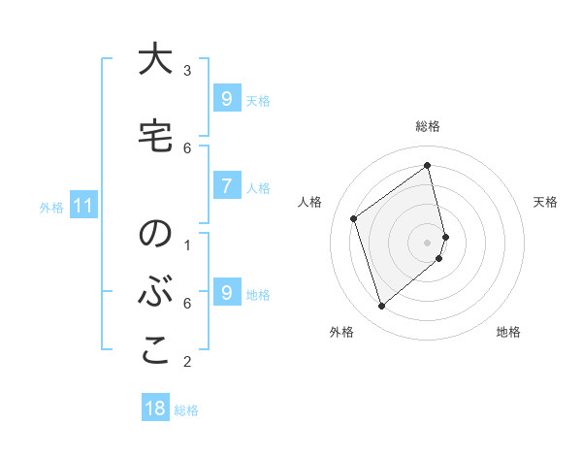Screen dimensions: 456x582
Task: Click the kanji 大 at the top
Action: [x=154, y=60]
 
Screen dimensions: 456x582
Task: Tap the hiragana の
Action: [x=154, y=235]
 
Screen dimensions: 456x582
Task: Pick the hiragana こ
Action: [x=154, y=351]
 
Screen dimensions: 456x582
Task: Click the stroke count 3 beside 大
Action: [x=187, y=70]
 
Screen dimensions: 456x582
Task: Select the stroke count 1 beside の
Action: [x=187, y=244]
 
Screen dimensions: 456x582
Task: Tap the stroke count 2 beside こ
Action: [x=187, y=362]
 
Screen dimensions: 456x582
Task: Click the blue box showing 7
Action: [x=226, y=185]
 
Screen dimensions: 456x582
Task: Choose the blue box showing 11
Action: [x=83, y=206]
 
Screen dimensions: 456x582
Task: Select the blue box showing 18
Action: [x=155, y=408]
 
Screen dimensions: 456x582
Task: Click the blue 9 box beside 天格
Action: [x=226, y=98]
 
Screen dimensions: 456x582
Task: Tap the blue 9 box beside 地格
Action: [x=226, y=292]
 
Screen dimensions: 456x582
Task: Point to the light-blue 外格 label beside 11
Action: [x=51, y=207]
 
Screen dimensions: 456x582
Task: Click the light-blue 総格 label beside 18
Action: [x=186, y=410]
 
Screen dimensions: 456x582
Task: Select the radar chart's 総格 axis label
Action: [x=428, y=126]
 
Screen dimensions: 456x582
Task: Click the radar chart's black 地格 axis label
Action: [x=508, y=332]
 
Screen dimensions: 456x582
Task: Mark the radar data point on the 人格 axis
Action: [x=354, y=218]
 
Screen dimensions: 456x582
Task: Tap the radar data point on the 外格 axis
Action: [x=381, y=307]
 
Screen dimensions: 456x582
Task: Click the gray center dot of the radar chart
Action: [x=428, y=242]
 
